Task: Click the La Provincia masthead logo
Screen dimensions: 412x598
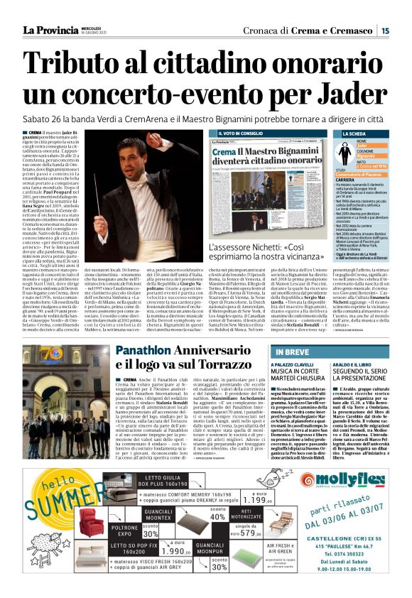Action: pyautogui.click(x=50, y=29)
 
